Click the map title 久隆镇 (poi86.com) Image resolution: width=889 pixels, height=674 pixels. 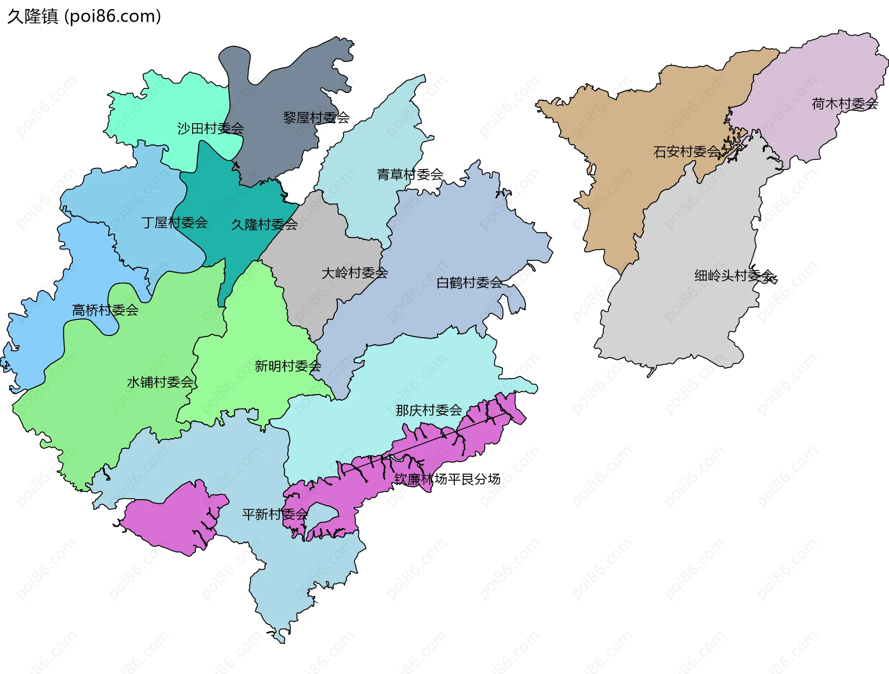click(84, 16)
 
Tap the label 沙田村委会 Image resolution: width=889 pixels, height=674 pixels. click(210, 128)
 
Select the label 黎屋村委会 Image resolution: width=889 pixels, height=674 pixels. click(316, 117)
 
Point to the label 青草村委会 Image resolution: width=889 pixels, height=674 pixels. click(410, 174)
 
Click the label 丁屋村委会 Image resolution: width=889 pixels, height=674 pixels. click(175, 223)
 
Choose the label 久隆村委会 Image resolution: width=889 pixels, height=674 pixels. click(264, 224)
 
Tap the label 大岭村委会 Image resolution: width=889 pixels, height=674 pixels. click(355, 272)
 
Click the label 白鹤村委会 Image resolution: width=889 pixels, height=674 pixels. click(470, 282)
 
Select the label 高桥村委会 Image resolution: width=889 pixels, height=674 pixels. click(105, 310)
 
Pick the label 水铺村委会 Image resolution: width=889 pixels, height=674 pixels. click(160, 382)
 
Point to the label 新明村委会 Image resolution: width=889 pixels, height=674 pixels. click(288, 366)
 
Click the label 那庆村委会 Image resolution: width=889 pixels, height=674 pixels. click(429, 410)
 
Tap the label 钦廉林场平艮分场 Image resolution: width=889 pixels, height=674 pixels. click(447, 479)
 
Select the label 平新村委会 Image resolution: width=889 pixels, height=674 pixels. click(275, 514)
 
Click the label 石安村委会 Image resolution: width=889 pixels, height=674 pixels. click(686, 151)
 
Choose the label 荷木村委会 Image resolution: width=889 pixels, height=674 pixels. click(845, 104)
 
